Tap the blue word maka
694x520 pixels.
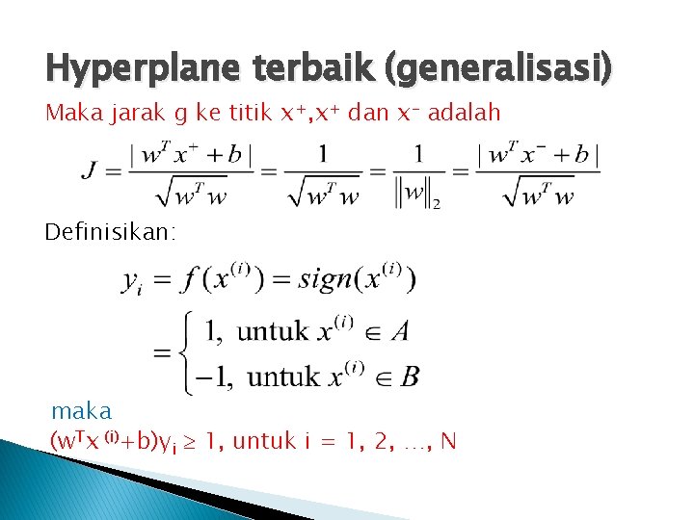81,412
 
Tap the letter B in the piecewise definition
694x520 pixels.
410,376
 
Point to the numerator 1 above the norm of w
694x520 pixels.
418,153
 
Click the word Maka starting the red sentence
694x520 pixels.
69,113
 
